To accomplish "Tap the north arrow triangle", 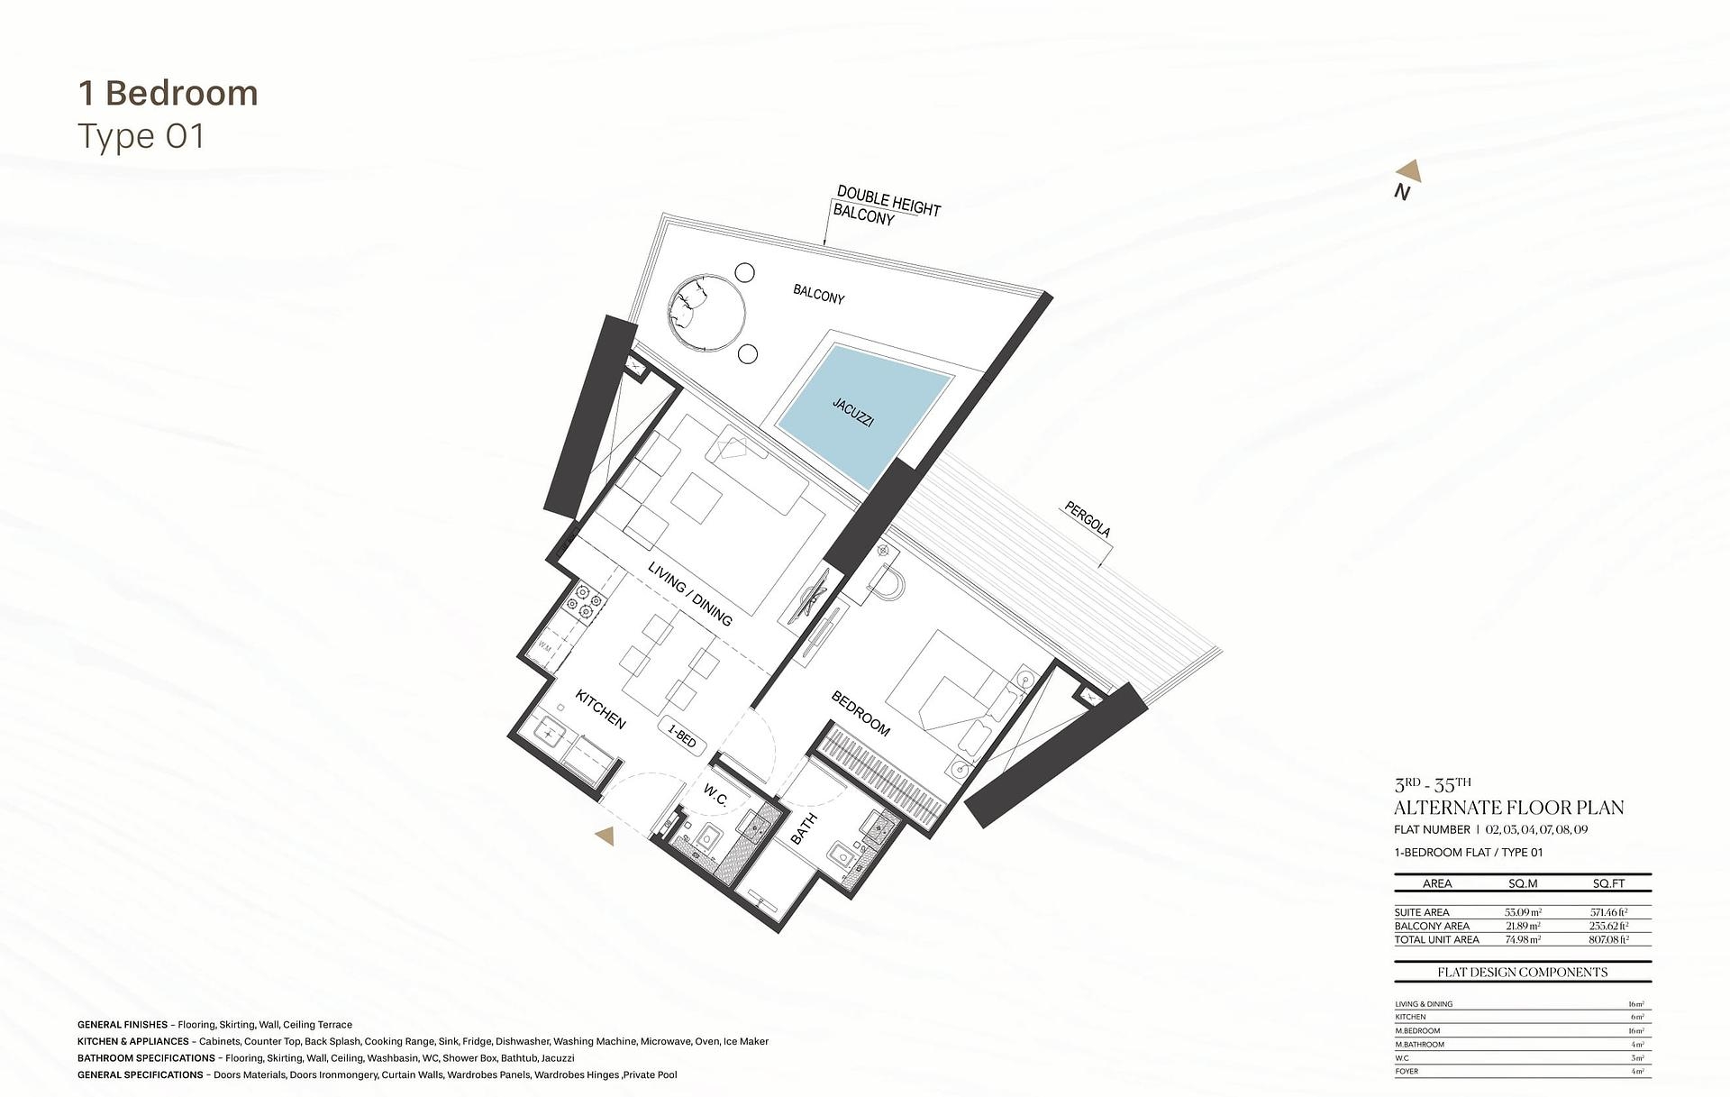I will tap(1409, 172).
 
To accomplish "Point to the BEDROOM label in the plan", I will tap(860, 713).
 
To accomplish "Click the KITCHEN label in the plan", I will tap(600, 709).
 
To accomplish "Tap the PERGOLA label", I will tap(1088, 520).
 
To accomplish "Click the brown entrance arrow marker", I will tap(605, 836).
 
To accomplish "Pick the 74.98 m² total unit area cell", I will tap(1523, 939).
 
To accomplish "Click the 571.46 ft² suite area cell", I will tap(1608, 912).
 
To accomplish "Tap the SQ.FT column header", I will tap(1608, 883).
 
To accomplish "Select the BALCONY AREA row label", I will tap(1432, 926).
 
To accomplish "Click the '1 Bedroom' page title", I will tap(168, 94).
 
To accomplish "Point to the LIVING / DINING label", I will tap(690, 593).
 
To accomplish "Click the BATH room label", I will tap(803, 828).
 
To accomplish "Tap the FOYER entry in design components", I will tap(1407, 1072).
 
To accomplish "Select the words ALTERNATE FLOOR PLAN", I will tap(1508, 808).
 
